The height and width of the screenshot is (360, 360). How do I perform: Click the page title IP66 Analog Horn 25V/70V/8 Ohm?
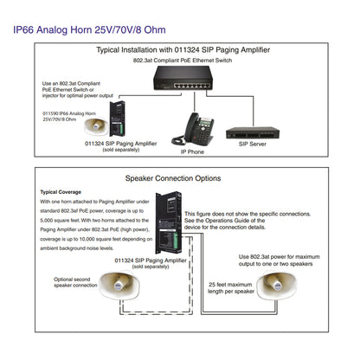89,30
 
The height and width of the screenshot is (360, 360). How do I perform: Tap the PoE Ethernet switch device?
183,78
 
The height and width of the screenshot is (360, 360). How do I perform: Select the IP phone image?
193,129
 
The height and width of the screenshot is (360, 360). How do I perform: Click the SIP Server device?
253,133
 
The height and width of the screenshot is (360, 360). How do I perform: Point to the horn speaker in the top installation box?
96,126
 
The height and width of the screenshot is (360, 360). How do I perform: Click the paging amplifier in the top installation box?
117,119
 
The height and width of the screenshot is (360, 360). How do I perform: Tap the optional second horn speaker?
119,286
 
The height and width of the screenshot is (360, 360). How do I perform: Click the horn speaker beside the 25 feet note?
277,286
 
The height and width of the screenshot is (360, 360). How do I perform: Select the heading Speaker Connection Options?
173,178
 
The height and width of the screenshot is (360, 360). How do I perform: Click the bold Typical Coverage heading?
61,192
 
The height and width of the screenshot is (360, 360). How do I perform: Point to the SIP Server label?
253,144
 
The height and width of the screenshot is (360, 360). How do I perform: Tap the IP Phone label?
192,151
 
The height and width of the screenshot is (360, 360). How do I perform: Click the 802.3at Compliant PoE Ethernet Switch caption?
183,61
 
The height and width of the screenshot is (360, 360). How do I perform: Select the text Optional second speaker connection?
75,282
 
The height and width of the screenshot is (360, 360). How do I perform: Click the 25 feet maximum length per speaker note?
231,288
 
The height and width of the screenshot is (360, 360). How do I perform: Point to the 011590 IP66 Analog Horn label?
69,116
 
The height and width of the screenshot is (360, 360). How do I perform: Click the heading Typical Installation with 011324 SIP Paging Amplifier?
183,50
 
